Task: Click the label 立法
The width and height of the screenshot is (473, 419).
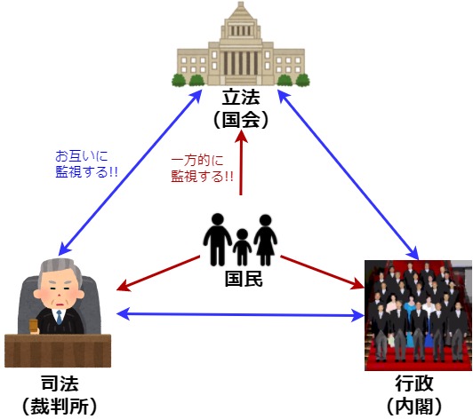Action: point(241,97)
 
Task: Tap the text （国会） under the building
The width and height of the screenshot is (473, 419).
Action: point(241,120)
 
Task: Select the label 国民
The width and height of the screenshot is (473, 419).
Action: point(244,279)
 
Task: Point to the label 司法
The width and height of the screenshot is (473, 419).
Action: point(60,383)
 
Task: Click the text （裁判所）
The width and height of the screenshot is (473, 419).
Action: point(60,406)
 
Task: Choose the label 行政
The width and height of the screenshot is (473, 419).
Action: point(414,383)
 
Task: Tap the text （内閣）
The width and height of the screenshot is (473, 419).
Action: point(414,406)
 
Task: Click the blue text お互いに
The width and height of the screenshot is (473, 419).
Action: point(82,156)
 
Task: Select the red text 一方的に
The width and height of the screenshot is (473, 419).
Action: point(197,160)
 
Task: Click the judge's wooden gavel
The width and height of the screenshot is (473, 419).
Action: point(33,326)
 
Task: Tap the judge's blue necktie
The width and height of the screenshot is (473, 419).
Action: point(59,317)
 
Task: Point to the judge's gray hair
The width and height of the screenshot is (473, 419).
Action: point(60,269)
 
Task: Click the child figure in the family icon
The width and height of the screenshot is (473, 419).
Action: point(242,247)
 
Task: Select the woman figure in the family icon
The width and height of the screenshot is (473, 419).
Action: point(266,240)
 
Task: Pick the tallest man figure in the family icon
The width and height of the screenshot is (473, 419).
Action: point(218,240)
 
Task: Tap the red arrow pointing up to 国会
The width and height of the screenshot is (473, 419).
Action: point(241,162)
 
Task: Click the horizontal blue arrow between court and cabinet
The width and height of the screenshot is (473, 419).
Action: point(240,315)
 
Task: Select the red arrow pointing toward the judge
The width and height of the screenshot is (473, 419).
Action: point(158,273)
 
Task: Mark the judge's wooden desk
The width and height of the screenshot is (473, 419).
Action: point(58,351)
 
